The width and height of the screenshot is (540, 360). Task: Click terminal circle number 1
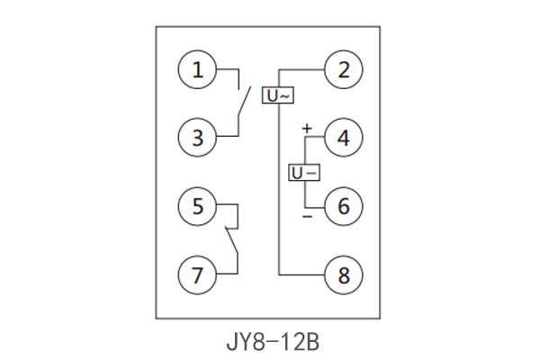tap(197, 70)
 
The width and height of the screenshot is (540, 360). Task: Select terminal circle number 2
tap(343, 70)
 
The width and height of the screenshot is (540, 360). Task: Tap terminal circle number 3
tap(197, 138)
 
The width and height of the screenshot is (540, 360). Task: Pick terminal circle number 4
tap(343, 138)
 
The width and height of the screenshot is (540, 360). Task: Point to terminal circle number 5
tap(197, 206)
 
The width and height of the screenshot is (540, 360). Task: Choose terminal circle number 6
tap(343, 206)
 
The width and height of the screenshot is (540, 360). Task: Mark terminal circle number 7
tap(197, 274)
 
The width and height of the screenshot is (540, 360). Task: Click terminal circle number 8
tap(343, 274)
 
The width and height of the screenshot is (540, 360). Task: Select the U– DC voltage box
tap(303, 172)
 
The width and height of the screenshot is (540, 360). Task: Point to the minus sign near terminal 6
tap(306, 217)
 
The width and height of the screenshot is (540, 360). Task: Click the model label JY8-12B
tap(270, 343)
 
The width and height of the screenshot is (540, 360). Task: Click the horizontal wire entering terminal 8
tap(301, 274)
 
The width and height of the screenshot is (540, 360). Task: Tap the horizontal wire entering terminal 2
tap(301, 70)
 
